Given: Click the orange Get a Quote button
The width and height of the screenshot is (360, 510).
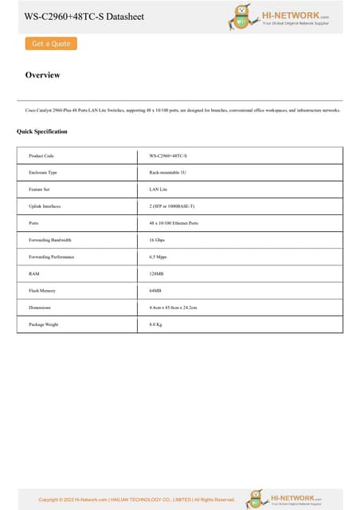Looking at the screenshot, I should click(51, 44).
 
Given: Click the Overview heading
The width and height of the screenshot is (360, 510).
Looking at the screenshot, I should click(43, 75).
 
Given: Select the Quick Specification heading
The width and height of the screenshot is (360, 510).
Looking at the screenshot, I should click(42, 131).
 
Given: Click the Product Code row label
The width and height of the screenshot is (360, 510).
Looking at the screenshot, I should click(41, 155).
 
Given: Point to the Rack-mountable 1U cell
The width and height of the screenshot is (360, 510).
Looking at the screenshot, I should click(167, 172).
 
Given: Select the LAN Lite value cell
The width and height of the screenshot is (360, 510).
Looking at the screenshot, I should click(158, 189).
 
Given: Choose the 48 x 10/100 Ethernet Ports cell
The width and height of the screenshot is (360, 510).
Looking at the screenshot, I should click(174, 223).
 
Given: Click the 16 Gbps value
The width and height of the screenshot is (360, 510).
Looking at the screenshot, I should click(157, 240).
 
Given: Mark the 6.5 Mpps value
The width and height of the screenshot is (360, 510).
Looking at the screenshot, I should click(158, 257).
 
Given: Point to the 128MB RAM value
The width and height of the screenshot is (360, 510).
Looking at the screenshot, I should click(156, 274).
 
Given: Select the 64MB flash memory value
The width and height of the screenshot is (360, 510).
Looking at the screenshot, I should click(155, 291).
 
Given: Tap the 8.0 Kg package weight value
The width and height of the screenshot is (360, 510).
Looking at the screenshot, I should click(156, 324).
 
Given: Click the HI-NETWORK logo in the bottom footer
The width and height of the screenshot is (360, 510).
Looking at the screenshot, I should click(287, 498).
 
